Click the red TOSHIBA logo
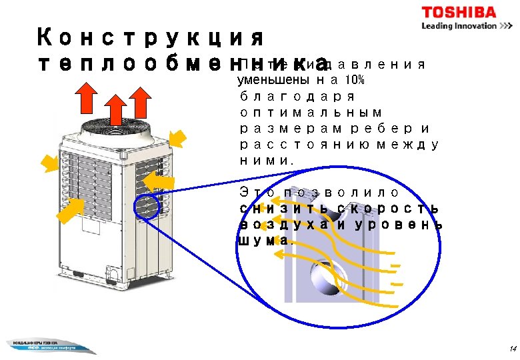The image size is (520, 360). tap(458, 12)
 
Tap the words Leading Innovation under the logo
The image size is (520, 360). tap(459, 26)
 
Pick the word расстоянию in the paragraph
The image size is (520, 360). tap(294, 144)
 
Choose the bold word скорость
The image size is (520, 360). tap(389, 209)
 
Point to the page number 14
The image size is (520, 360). tap(512, 349)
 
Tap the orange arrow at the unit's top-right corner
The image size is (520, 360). tap(177, 138)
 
